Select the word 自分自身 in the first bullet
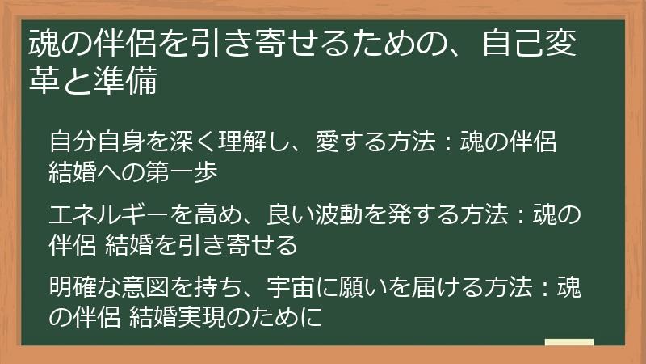point(97,142)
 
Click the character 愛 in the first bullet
point(327,142)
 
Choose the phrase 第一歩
point(182,172)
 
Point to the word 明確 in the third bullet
point(73,288)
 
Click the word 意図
point(145,288)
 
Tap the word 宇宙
point(291,288)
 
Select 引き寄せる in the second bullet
point(237,246)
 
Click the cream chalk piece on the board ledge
point(569,342)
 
